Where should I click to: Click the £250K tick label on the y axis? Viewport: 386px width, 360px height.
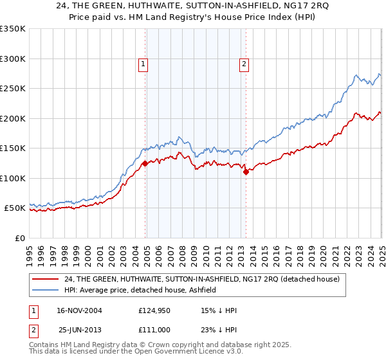click(13, 89)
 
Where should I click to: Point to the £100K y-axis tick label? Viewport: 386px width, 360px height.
click(13, 178)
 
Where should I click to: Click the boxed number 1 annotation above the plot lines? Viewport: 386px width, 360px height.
click(142, 64)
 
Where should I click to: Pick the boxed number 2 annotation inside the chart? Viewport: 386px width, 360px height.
click(244, 64)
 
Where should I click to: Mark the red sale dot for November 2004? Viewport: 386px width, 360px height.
click(145, 163)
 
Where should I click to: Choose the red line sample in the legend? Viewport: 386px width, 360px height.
click(46, 280)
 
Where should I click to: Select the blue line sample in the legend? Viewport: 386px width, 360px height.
click(46, 290)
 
